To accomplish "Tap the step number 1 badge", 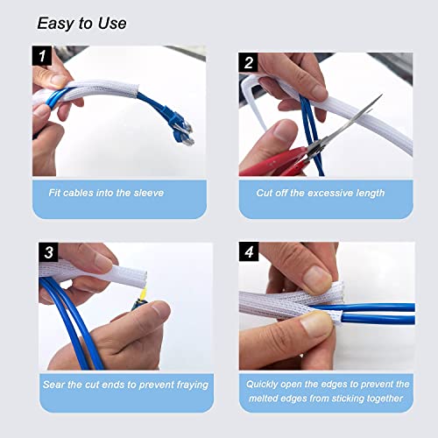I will (x=42, y=58).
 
